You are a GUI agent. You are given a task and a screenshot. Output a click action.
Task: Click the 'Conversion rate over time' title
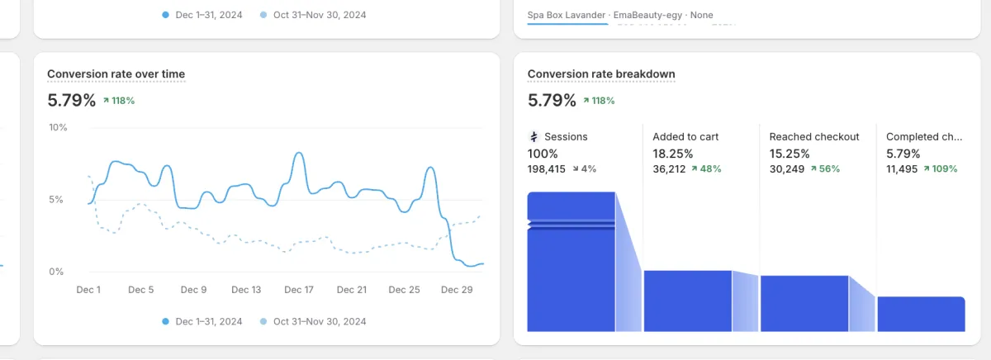click(x=116, y=74)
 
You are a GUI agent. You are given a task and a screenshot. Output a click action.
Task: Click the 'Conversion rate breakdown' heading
click(x=601, y=74)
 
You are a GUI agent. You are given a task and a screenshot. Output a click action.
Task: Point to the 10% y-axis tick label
click(x=58, y=128)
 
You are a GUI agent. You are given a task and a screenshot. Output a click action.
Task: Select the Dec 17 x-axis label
click(x=299, y=290)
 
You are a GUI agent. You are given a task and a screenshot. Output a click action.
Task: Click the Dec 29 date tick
click(x=457, y=290)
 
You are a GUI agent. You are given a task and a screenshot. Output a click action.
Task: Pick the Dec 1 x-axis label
click(x=88, y=290)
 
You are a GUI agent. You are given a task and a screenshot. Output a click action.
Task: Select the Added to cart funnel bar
click(x=687, y=301)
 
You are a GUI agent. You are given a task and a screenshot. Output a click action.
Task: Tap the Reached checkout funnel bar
click(x=804, y=303)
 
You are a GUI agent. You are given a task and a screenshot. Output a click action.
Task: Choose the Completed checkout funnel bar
click(x=921, y=314)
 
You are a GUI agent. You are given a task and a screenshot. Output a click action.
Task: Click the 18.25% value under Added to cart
click(x=673, y=154)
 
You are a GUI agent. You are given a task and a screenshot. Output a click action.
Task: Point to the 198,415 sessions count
click(x=547, y=168)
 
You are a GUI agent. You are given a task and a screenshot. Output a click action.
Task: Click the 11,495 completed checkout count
click(x=902, y=168)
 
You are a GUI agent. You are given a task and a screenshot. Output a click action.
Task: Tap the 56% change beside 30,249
click(x=825, y=168)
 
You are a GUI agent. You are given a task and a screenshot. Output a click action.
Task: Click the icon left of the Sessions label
click(x=533, y=137)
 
